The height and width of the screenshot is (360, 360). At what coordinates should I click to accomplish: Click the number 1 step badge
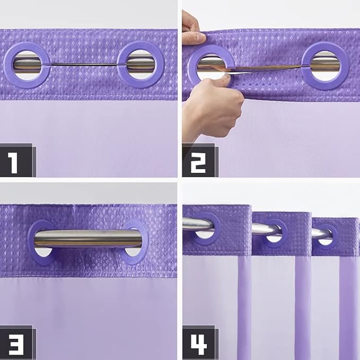click(16, 160)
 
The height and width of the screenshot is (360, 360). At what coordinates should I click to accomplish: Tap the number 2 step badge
click(199, 160)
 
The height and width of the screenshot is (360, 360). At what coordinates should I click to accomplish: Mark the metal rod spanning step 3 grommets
click(87, 239)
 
